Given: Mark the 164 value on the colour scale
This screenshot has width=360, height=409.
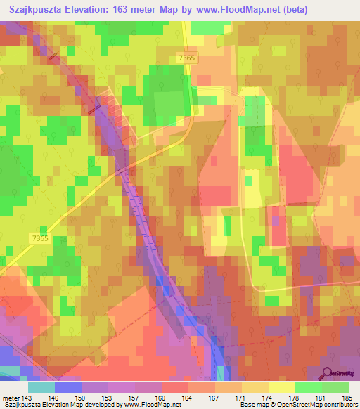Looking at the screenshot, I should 189,397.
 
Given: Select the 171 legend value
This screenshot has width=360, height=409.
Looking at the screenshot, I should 242,397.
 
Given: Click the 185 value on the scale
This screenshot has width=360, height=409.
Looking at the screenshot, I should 347,397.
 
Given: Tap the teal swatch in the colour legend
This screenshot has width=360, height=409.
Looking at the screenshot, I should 41,387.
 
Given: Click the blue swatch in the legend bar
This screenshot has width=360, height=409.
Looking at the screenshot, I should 68,387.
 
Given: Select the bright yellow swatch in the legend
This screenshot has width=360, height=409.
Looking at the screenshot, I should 281,387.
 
